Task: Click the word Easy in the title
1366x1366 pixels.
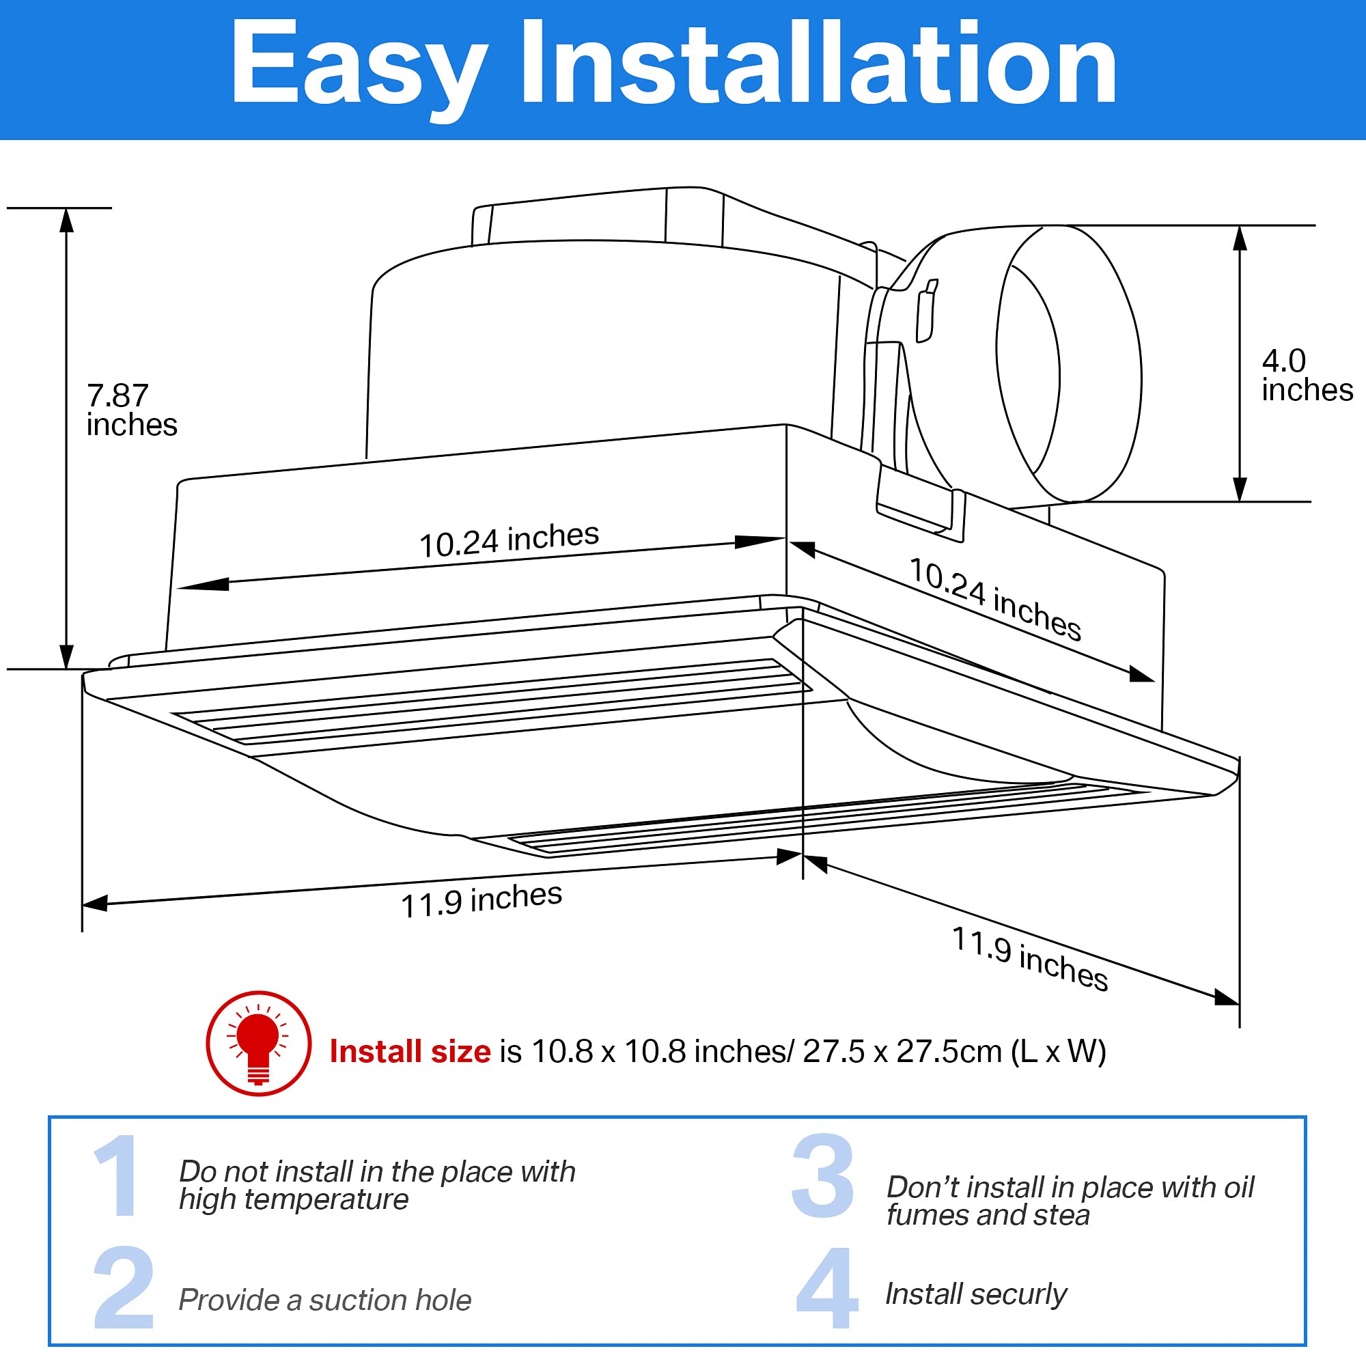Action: tap(359, 65)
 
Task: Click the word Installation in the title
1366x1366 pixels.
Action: tap(818, 65)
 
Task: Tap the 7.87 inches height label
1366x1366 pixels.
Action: tap(131, 410)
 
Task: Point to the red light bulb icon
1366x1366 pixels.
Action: tap(259, 1043)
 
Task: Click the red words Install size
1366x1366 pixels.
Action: tap(410, 1051)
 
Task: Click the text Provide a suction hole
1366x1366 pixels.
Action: tap(324, 1300)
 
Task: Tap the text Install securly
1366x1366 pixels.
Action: tap(975, 1294)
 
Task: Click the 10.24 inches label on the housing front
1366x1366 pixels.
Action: tap(508, 540)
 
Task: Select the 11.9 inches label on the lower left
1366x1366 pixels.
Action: tap(481, 900)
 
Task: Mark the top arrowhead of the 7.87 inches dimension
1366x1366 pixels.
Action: tap(66, 221)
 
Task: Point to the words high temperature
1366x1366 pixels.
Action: tap(294, 1199)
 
